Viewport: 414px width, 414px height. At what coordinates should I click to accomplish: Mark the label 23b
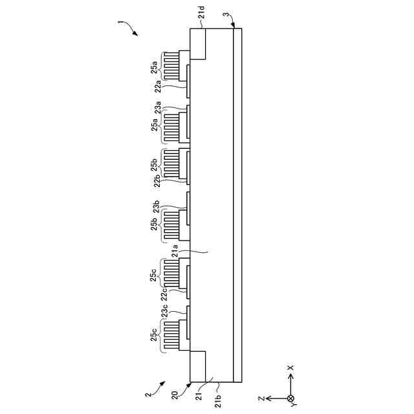157,208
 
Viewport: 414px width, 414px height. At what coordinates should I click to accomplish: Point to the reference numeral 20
174,395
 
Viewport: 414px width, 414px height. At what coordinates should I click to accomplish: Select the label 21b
218,398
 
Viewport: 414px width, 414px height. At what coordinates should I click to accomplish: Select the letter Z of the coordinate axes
259,398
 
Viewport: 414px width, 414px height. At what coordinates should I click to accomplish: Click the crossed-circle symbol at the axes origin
290,398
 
